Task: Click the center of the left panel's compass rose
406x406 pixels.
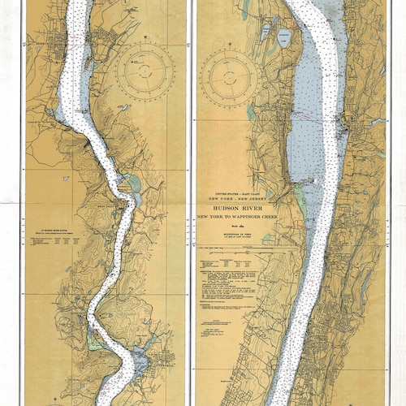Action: (145, 71)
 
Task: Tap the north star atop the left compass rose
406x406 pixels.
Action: (145, 37)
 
